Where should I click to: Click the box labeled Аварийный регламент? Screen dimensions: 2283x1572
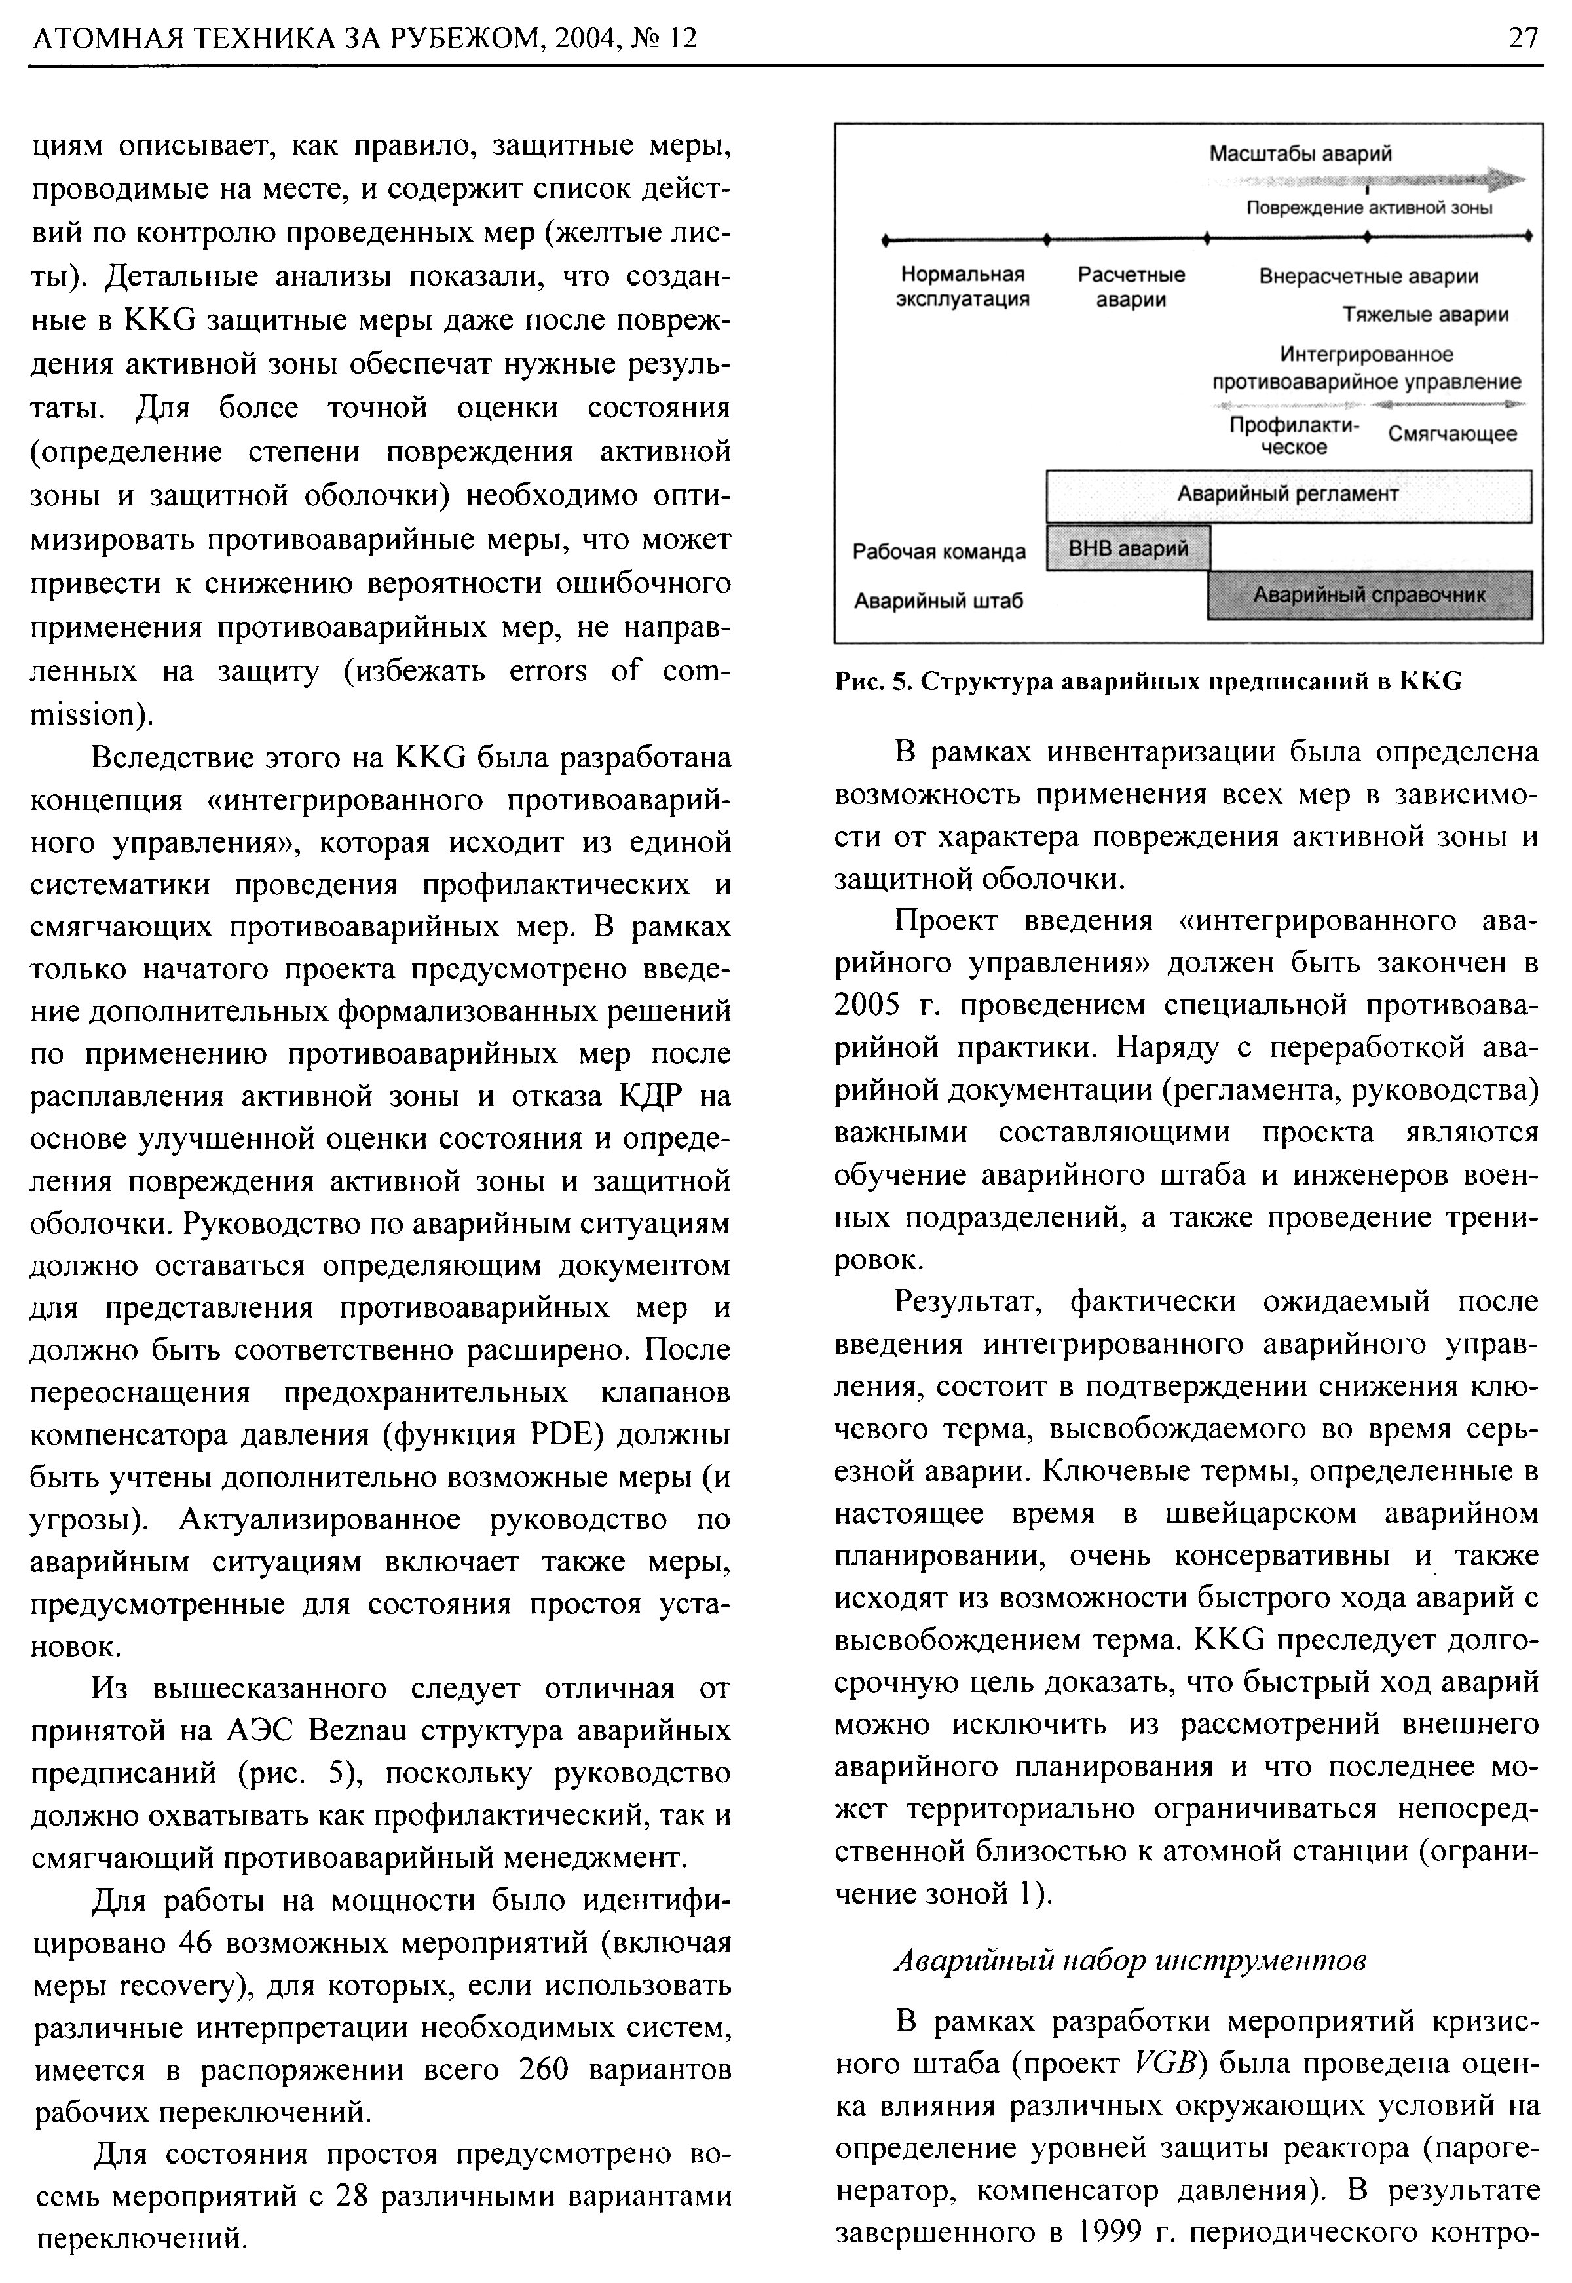click(x=1287, y=495)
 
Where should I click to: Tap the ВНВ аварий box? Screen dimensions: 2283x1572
click(x=1128, y=549)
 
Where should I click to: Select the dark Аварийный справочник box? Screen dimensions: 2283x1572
click(x=1368, y=595)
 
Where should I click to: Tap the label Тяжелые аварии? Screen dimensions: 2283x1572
click(x=1424, y=315)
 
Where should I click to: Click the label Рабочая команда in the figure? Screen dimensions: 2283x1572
click(x=939, y=552)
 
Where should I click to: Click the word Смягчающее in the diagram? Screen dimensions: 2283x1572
click(x=1452, y=434)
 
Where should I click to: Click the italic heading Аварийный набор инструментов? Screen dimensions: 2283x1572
click(x=1130, y=1961)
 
